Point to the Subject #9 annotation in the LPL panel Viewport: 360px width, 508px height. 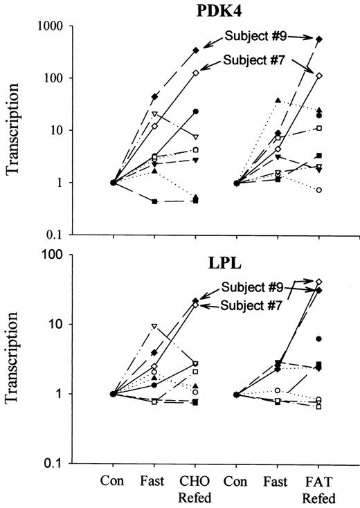coord(251,287)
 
